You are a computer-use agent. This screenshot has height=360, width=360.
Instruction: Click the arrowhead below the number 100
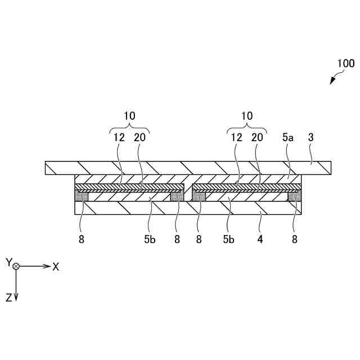point(332,82)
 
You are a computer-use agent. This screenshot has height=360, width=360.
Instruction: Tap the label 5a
point(289,137)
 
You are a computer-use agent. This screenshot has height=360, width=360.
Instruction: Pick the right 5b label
point(228,238)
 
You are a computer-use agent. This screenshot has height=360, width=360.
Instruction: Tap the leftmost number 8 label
point(82,238)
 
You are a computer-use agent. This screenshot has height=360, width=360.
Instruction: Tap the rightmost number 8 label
point(294,238)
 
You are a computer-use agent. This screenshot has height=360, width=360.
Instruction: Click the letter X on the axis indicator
point(56,266)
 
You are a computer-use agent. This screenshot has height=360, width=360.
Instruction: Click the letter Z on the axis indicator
point(9,299)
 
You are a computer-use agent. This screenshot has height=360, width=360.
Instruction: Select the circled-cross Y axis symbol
point(16,265)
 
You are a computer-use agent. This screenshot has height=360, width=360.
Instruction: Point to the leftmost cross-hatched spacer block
point(82,196)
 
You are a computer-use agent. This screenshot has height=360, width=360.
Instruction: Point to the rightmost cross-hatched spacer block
point(295,196)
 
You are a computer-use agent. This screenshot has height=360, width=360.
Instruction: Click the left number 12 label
point(118,137)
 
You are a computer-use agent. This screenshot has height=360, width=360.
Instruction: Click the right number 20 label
point(258,137)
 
